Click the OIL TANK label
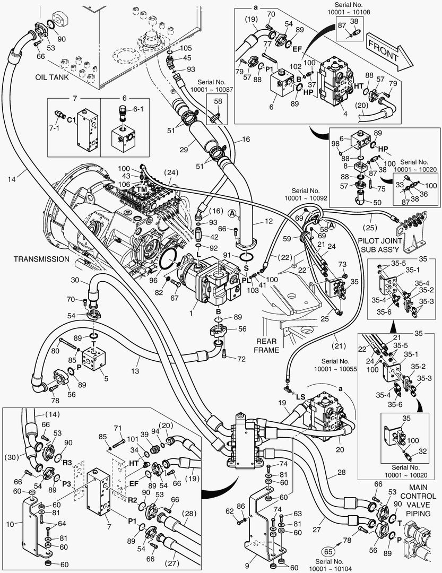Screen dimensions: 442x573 (51, 77)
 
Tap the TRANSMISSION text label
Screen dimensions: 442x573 (41, 259)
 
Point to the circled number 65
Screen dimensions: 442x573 (329, 551)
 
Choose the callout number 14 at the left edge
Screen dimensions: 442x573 (12, 179)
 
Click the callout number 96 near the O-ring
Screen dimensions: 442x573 (153, 281)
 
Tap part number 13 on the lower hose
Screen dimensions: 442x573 (135, 371)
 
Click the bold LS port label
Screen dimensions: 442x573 (300, 396)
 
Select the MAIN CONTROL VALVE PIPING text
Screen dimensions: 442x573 (418, 500)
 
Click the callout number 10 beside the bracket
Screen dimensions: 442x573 (10, 524)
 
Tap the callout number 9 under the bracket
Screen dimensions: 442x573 (247, 566)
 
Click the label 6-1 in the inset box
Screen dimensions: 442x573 (138, 109)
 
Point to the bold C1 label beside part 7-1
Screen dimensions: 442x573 (71, 119)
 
